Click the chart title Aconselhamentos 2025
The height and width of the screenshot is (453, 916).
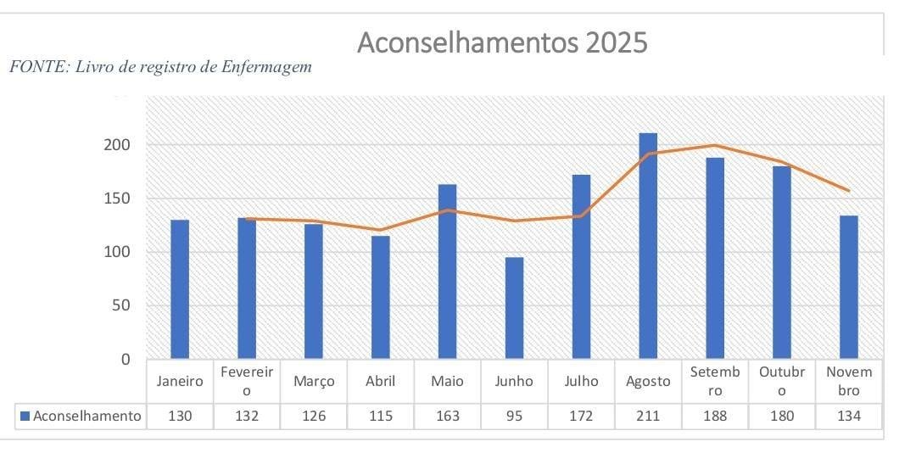pos(501,42)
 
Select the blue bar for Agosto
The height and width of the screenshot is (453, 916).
pos(648,246)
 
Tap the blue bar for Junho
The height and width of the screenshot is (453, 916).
pos(514,308)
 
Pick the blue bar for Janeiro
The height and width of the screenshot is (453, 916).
pos(180,289)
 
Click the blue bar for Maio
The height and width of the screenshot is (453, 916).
pos(447,271)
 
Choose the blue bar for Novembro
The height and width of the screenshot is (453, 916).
pos(848,287)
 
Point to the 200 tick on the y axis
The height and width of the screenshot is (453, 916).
pos(118,145)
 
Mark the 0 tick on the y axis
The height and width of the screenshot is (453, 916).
pos(126,359)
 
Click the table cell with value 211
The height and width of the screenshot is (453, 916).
pos(648,416)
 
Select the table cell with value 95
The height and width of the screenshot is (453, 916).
pos(514,416)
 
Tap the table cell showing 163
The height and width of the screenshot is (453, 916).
pos(447,416)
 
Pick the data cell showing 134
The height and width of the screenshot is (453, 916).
pos(848,416)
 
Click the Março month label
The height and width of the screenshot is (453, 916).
pos(314,381)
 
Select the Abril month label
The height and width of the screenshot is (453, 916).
pos(380,381)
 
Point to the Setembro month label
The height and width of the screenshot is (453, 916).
pos(715,381)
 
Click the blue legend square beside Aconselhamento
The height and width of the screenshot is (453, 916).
pos(25,416)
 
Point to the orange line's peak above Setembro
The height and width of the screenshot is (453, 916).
pos(715,145)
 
